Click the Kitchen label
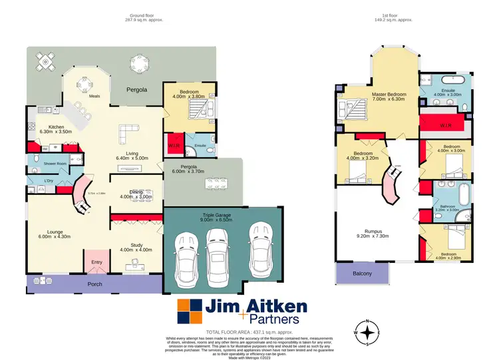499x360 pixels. point(51,128)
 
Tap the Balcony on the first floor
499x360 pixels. point(363,272)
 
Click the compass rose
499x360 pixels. point(367,331)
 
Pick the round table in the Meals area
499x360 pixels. point(85,84)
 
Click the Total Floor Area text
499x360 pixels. point(249,332)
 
